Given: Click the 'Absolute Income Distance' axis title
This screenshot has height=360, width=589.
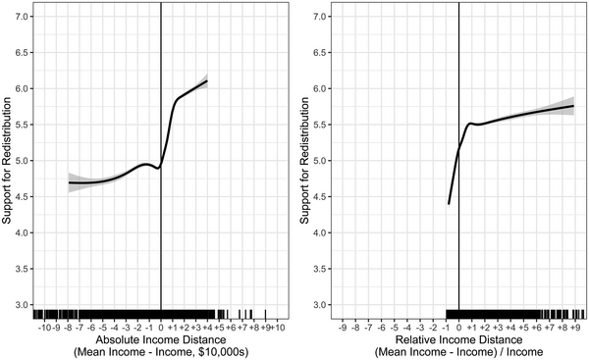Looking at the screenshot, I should tap(160, 338).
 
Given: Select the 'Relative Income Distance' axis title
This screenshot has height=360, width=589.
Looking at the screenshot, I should tap(458, 338).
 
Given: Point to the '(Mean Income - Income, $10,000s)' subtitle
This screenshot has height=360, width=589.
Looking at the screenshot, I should tap(160, 352).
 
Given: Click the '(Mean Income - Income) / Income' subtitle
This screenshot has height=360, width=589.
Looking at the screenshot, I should tap(458, 352).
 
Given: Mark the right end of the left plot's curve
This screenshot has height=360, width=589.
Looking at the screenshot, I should tap(207, 80).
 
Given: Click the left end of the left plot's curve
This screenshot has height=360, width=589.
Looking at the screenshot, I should tap(69, 182).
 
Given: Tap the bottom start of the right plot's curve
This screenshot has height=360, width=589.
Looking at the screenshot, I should tap(448, 203).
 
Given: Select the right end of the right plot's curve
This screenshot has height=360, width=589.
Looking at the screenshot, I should tap(573, 106).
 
